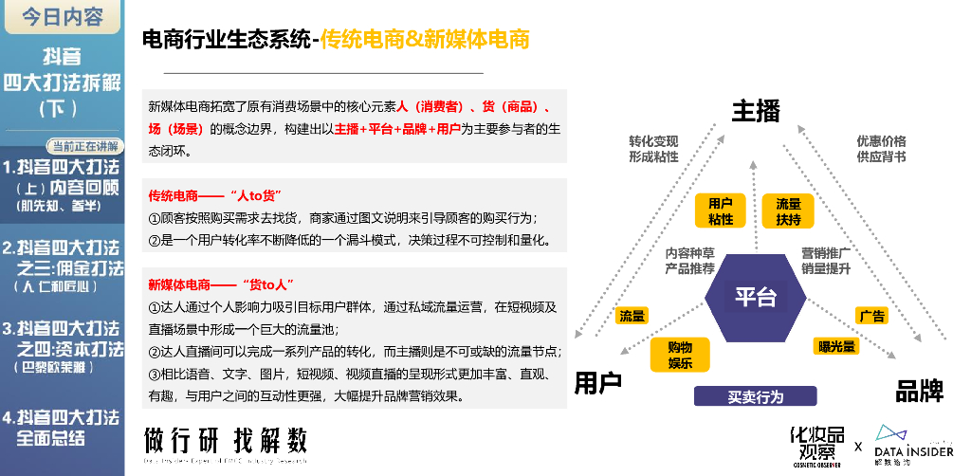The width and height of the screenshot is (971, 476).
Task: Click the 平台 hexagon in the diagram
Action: pyautogui.click(x=755, y=297)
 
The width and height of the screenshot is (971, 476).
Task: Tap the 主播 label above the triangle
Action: pyautogui.click(x=756, y=111)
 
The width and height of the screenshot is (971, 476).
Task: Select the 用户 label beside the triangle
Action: pyautogui.click(x=598, y=384)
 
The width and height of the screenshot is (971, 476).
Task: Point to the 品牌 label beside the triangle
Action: pyautogui.click(x=919, y=390)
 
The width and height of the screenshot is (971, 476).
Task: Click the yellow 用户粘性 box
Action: pyautogui.click(x=721, y=211)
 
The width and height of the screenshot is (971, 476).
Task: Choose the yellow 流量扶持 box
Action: pyautogui.click(x=789, y=211)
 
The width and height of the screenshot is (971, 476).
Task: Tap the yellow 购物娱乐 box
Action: pyautogui.click(x=680, y=355)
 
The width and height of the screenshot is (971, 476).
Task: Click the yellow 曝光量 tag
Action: pyautogui.click(x=836, y=346)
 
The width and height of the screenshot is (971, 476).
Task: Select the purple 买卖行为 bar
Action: pyautogui.click(x=756, y=397)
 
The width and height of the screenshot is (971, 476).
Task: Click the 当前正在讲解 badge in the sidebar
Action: pyautogui.click(x=85, y=146)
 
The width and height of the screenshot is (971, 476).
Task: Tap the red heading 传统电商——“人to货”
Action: pyautogui.click(x=211, y=195)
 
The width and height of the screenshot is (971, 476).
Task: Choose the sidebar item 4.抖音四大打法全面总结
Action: pyautogui.click(x=61, y=428)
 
